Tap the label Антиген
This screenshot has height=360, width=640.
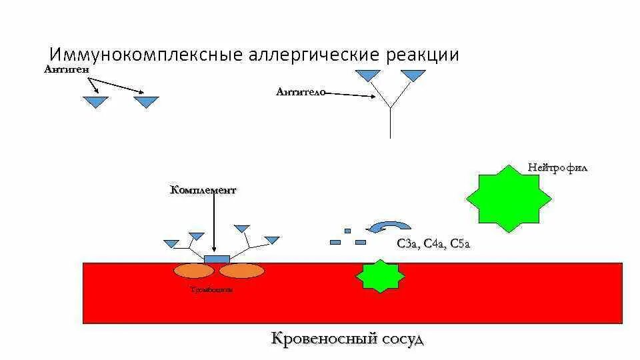67,69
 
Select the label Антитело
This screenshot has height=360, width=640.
300,92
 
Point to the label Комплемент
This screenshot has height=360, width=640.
203,190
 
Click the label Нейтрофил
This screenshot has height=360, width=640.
557,167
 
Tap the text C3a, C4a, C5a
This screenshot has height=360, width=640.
434,244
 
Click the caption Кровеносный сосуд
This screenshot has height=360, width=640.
347,338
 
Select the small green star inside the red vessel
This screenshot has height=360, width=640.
381,276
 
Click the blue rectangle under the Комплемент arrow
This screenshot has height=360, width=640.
217,259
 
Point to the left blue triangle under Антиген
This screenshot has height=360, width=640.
95,101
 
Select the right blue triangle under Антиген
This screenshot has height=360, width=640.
146,101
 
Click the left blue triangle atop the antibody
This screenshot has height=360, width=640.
367,75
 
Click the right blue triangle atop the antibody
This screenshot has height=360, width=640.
413,75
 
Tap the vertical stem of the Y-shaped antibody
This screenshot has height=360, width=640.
390,123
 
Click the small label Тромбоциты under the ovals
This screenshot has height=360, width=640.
211,290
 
